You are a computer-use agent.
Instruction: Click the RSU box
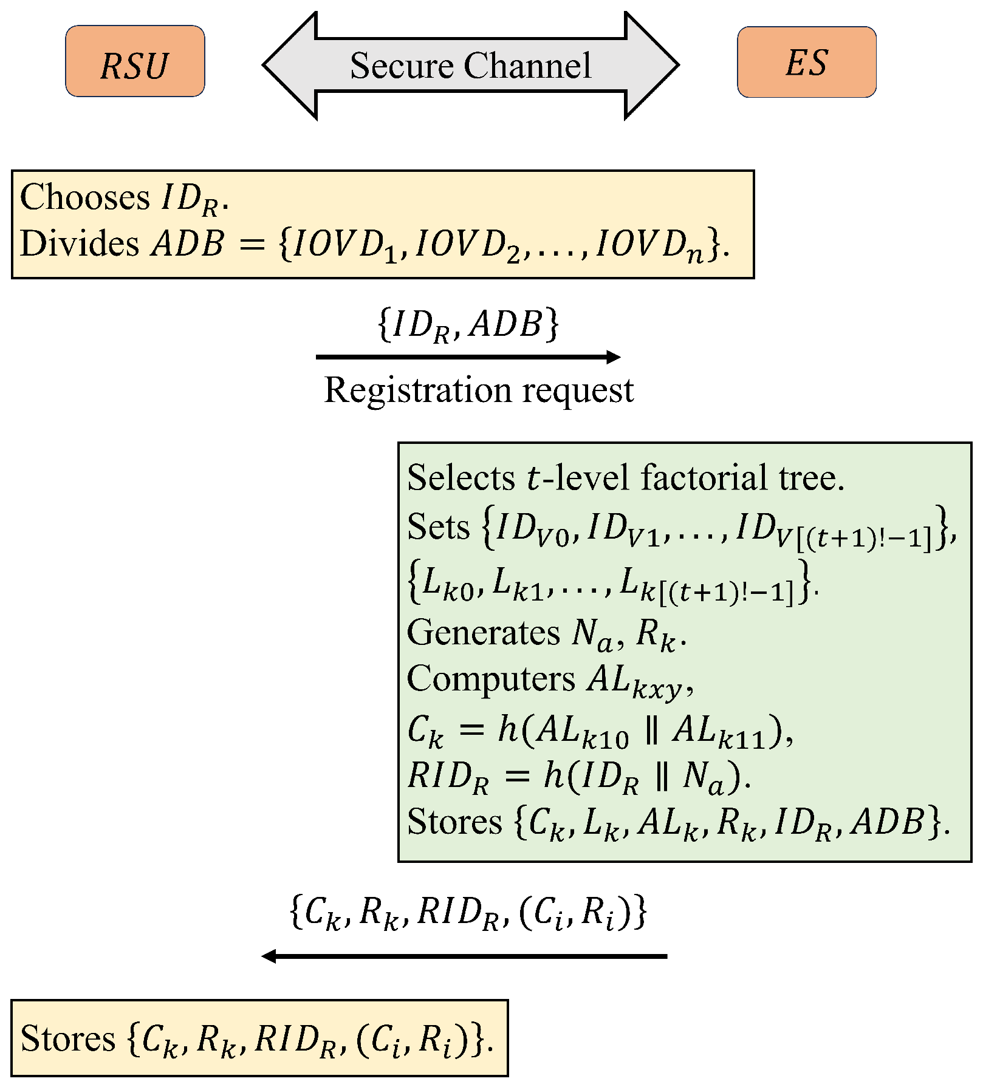pos(135,61)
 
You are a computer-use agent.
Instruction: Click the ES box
pos(806,62)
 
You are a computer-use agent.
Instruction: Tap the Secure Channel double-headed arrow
pos(470,66)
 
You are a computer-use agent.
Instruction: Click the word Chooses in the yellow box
pos(84,197)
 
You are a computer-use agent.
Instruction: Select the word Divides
pos(80,244)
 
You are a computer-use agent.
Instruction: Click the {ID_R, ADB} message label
pos(468,324)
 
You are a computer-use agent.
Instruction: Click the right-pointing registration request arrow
pos(468,357)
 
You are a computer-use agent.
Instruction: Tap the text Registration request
pos(479,390)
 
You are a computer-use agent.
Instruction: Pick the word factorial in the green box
pos(704,478)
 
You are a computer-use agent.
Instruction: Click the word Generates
pos(483,633)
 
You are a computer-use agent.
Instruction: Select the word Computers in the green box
pos(490,679)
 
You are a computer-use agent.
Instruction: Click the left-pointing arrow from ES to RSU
pos(465,956)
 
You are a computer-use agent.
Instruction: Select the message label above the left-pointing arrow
pos(468,912)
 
